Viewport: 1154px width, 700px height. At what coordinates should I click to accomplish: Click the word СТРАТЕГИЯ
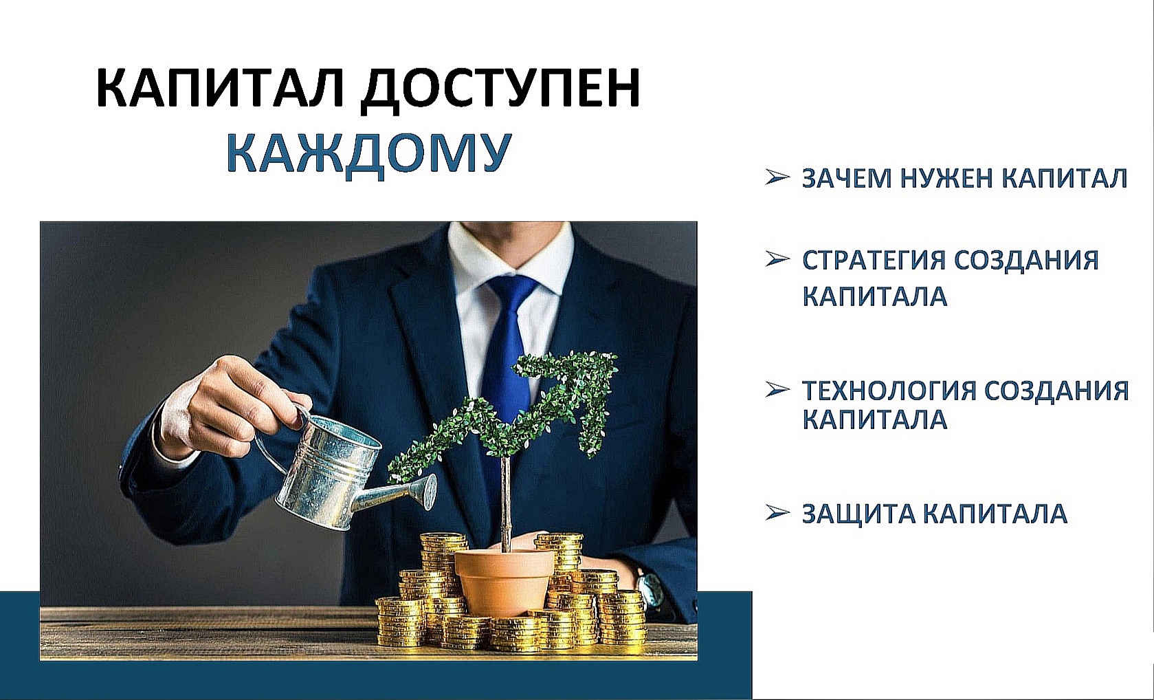tap(874, 261)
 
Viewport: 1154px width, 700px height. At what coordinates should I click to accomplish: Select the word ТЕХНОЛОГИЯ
tap(889, 391)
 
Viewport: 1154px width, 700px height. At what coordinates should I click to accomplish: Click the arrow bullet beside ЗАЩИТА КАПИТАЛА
tap(777, 512)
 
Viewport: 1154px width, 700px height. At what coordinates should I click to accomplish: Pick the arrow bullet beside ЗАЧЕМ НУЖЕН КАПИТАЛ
tap(777, 177)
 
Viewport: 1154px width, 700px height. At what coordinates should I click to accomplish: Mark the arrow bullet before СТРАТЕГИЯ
tap(777, 259)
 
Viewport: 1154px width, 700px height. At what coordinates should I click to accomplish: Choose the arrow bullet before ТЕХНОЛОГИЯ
tap(777, 390)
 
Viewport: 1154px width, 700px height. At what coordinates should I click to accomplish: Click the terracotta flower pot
tap(503, 582)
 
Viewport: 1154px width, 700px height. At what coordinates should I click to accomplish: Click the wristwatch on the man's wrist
tap(647, 588)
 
